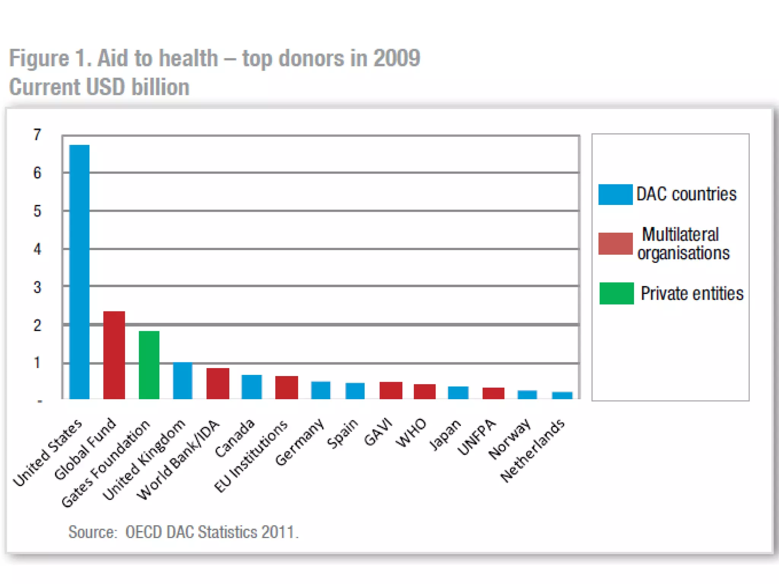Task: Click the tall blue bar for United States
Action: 79,272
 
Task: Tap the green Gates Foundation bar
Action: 149,365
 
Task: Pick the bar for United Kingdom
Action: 183,381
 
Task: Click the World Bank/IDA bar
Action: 218,383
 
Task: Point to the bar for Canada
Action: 252,387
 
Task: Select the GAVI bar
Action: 391,390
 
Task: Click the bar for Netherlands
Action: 562,395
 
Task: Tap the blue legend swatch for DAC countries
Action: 615,194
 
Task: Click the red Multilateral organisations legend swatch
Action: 615,243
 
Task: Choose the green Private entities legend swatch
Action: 617,293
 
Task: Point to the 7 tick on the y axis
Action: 37,135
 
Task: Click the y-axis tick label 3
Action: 37,287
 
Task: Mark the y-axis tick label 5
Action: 37,211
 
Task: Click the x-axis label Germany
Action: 300,442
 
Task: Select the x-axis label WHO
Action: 411,433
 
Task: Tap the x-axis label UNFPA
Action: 477,437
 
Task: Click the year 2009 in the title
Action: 397,58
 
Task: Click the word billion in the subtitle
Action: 160,87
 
